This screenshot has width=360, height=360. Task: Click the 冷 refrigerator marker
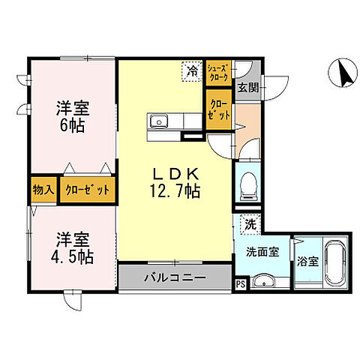pos(193,72)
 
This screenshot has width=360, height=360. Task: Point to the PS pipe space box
pos(240,284)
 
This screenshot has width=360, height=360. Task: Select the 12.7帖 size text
pos(173,191)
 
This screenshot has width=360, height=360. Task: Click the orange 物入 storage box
pos(43,189)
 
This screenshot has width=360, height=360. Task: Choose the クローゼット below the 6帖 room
pos(87,189)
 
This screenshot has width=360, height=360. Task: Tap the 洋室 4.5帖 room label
pos(71,248)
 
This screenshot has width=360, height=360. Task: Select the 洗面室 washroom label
pos(264,252)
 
